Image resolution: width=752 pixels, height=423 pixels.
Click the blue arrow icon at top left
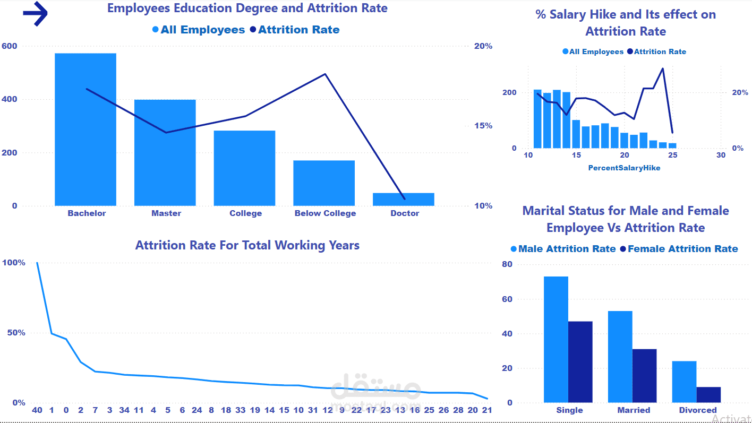(x=36, y=14)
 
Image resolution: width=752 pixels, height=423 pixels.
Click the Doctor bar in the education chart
(x=404, y=199)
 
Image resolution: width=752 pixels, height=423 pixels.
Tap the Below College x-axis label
(x=325, y=213)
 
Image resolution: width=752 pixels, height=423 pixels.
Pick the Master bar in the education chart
(x=165, y=152)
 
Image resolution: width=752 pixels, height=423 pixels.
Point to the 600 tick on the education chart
(x=10, y=46)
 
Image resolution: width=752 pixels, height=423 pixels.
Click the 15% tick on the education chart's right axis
(x=483, y=126)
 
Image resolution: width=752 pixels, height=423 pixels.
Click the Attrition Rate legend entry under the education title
(x=295, y=30)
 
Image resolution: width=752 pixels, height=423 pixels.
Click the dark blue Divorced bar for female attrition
(x=708, y=394)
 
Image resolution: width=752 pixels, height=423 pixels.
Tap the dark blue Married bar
(x=644, y=375)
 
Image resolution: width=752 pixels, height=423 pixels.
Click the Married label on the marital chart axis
(x=634, y=410)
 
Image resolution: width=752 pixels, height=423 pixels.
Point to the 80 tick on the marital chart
(x=507, y=264)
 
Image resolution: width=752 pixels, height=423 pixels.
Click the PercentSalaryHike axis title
(x=624, y=168)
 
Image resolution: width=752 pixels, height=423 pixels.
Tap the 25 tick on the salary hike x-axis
(x=672, y=155)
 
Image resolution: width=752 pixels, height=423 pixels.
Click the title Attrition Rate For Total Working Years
(x=247, y=245)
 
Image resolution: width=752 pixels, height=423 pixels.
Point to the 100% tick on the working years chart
(x=14, y=263)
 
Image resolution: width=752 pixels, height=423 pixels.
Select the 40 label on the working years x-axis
(x=37, y=410)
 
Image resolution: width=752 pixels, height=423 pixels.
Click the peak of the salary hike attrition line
(x=663, y=68)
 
